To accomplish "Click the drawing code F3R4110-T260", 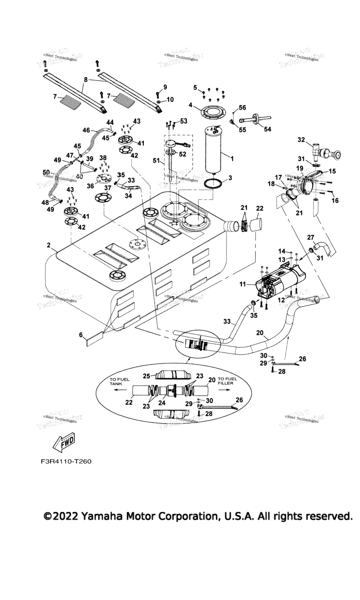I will [x=66, y=461].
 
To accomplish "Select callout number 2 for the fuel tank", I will [x=48, y=245].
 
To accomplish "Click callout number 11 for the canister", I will [x=243, y=284].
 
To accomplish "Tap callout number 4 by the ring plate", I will [x=191, y=104].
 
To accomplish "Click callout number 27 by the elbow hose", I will [x=310, y=237].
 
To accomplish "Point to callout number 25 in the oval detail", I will [x=146, y=376].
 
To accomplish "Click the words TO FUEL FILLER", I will [x=228, y=381].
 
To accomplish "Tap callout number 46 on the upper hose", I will [x=86, y=130].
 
